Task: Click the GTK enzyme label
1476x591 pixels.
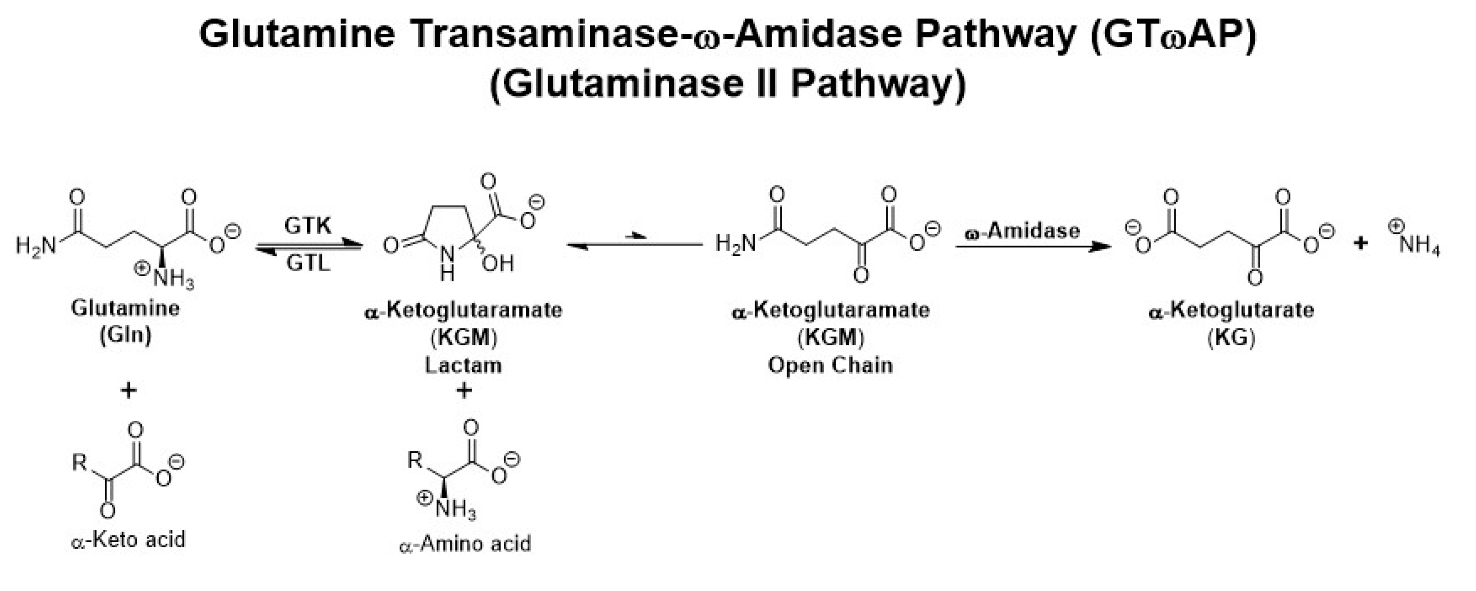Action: pyautogui.click(x=308, y=226)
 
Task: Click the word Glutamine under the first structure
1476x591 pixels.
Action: pyautogui.click(x=126, y=308)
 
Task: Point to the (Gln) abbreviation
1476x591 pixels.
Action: pyautogui.click(x=126, y=336)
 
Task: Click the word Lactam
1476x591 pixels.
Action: pyautogui.click(x=463, y=365)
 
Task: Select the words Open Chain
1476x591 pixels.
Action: pyautogui.click(x=830, y=365)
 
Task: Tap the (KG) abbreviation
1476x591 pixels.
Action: pyautogui.click(x=1231, y=338)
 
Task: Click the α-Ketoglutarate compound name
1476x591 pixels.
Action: pyautogui.click(x=1231, y=310)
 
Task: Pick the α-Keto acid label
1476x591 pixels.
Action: pyautogui.click(x=129, y=540)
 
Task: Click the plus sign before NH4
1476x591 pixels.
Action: pyautogui.click(x=1361, y=243)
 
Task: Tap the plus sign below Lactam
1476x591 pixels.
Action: pyautogui.click(x=464, y=391)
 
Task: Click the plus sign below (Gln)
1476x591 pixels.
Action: pyautogui.click(x=128, y=391)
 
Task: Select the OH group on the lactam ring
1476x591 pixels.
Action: pyautogui.click(x=498, y=264)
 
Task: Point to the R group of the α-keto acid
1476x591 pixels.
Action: pyautogui.click(x=79, y=462)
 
